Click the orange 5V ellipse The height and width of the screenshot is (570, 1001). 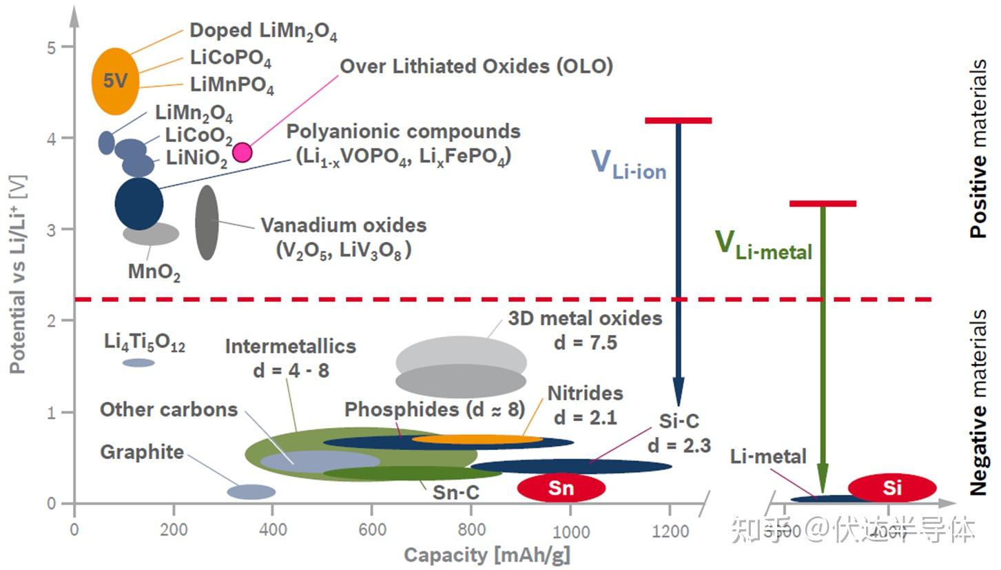[116, 81]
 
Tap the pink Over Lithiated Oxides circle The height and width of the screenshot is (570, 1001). [242, 152]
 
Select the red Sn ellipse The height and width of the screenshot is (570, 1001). [561, 488]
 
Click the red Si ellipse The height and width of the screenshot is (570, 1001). [892, 488]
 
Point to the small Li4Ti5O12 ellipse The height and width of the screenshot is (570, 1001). [138, 363]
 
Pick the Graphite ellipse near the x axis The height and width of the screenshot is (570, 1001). [251, 491]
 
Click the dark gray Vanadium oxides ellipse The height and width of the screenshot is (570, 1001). [207, 222]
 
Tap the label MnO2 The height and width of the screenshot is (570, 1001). [154, 272]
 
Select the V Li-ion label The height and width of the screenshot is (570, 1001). [628, 164]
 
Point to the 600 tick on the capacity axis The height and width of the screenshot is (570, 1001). [372, 531]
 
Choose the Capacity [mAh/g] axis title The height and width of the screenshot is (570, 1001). [486, 555]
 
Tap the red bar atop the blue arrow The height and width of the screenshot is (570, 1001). [678, 121]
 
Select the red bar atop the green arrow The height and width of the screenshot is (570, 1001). [823, 203]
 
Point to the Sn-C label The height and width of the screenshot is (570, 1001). [455, 492]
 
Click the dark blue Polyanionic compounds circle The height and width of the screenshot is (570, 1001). [139, 203]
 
